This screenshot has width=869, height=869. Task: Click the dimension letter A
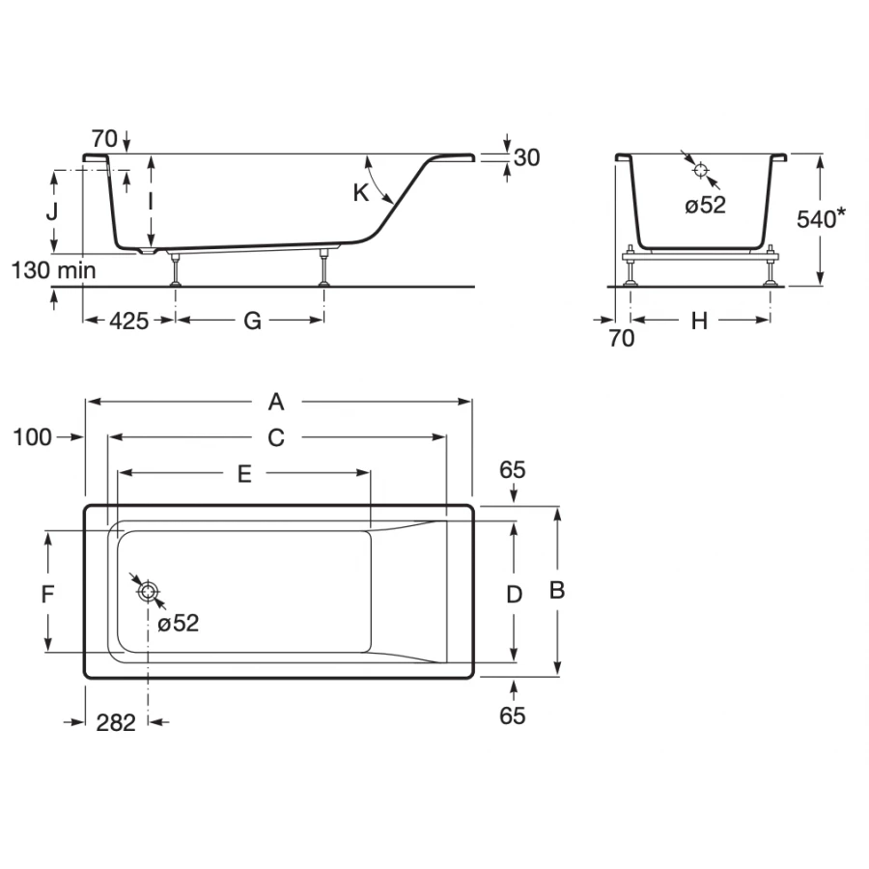(x=277, y=402)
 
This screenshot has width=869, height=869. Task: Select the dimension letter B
(x=556, y=590)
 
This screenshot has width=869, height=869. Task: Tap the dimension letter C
(x=276, y=437)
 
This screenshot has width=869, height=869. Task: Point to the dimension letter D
(x=515, y=593)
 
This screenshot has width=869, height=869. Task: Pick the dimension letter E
(x=244, y=473)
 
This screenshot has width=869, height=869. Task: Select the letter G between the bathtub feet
(x=252, y=321)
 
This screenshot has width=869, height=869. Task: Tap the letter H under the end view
(x=699, y=321)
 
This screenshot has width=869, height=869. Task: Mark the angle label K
(x=361, y=192)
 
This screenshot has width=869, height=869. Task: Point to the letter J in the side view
(x=55, y=210)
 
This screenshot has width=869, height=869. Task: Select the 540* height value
(x=821, y=219)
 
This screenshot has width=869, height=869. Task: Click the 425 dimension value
(x=128, y=321)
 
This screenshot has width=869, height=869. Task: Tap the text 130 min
(x=54, y=270)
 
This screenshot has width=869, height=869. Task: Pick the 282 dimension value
(x=117, y=721)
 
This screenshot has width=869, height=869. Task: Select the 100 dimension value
(x=33, y=437)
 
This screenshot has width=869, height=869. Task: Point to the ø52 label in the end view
(x=705, y=205)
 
